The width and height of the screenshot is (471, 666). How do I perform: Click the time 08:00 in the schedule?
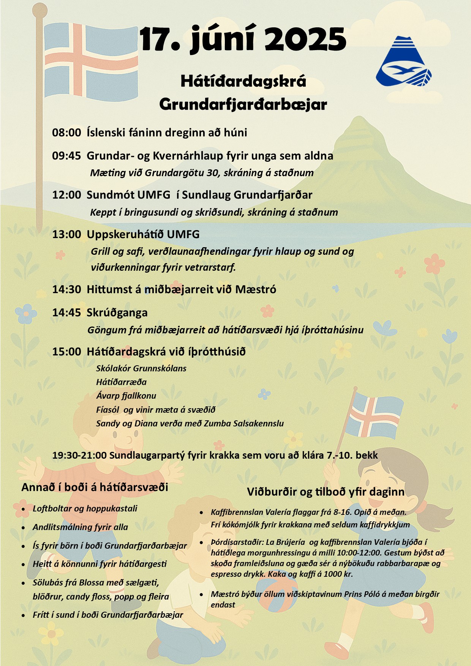point(66,133)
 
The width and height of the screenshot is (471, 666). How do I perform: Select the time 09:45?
point(66,156)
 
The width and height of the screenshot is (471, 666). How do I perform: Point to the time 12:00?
point(66,195)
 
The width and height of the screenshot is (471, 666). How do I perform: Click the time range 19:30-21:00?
point(79,455)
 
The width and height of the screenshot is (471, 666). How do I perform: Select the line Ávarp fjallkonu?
point(126,396)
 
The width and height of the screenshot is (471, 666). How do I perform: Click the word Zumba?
point(217,423)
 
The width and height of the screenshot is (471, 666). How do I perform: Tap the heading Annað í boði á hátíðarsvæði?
point(95,487)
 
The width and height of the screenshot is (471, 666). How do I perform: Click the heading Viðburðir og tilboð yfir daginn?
point(326,492)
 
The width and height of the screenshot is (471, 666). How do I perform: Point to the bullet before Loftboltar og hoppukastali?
point(24,509)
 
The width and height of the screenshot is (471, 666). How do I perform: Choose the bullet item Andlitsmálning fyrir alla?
point(80,527)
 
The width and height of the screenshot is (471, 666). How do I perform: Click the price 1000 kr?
point(338,574)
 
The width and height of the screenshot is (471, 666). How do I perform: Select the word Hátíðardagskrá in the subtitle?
point(243,81)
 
